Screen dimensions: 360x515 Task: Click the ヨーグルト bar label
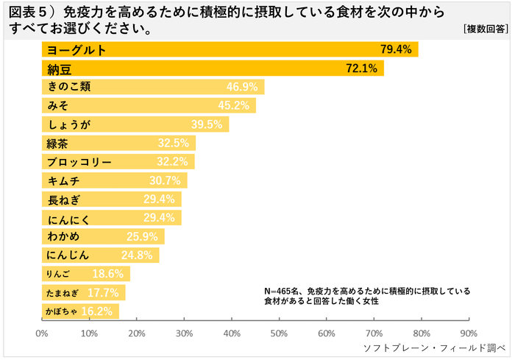pyautogui.click(x=77, y=49)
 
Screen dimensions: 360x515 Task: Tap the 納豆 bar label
pyautogui.click(x=59, y=68)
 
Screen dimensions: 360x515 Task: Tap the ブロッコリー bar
pyautogui.click(x=118, y=161)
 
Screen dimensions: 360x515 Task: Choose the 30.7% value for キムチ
pyautogui.click(x=167, y=180)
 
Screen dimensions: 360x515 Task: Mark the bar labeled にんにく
pyautogui.click(x=110, y=217)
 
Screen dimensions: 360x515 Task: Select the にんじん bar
pyautogui.click(x=100, y=255)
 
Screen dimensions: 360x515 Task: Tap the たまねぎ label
pyautogui.click(x=62, y=292)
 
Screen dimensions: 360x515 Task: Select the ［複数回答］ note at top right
pyautogui.click(x=486, y=29)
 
